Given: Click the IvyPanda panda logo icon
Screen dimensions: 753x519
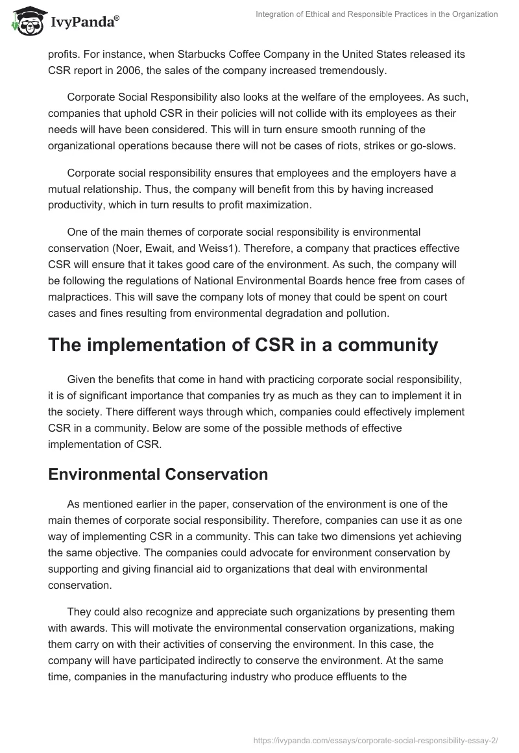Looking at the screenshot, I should pyautogui.click(x=24, y=21).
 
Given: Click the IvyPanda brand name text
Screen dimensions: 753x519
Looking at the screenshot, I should pyautogui.click(x=82, y=23).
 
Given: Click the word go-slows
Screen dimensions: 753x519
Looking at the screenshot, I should pyautogui.click(x=431, y=146).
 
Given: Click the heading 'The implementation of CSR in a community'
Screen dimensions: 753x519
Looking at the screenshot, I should pyautogui.click(x=243, y=345).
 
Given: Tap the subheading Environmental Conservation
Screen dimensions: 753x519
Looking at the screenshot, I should pyautogui.click(x=158, y=475).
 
